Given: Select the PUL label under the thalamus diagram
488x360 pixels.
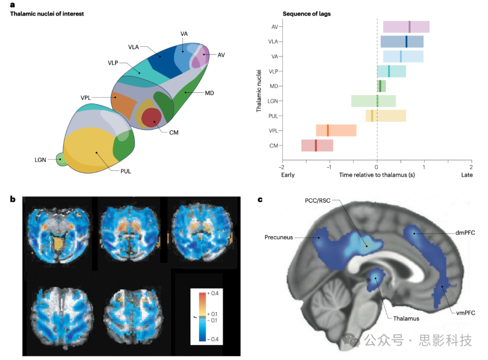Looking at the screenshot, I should pyautogui.click(x=126, y=171).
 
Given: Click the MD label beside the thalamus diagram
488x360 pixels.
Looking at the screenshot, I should pyautogui.click(x=209, y=93).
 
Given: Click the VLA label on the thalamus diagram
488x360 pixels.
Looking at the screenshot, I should pyautogui.click(x=133, y=47).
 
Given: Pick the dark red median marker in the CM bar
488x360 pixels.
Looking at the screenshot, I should pyautogui.click(x=316, y=145).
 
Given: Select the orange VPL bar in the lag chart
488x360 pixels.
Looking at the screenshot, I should pyautogui.click(x=336, y=131).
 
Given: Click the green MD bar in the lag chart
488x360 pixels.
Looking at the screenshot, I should pyautogui.click(x=381, y=86).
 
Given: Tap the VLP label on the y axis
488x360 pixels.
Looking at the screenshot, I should pyautogui.click(x=273, y=71).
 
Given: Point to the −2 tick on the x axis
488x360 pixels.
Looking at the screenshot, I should pyautogui.click(x=282, y=166).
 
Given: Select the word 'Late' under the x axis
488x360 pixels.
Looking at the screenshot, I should pyautogui.click(x=467, y=174).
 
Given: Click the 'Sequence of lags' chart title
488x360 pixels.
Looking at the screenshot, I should pyautogui.click(x=306, y=14).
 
